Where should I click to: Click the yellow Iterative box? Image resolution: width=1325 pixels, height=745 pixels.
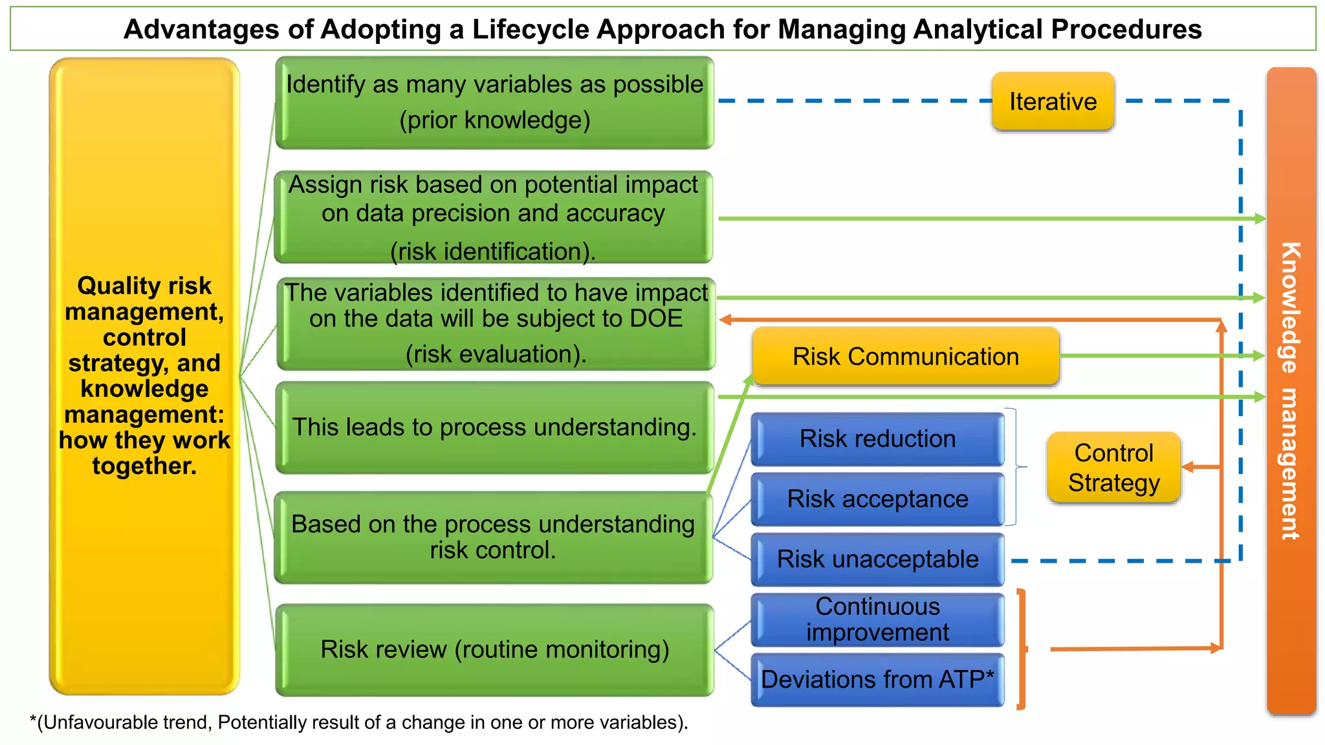(x=1053, y=102)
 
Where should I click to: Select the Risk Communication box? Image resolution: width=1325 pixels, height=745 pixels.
(x=905, y=356)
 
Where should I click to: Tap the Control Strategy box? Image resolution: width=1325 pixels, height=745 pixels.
(x=1113, y=468)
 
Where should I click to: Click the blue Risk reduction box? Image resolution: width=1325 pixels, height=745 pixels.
(x=877, y=439)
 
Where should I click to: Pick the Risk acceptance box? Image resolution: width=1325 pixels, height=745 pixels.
(x=877, y=499)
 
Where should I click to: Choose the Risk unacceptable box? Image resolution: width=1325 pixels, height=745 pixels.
(x=877, y=559)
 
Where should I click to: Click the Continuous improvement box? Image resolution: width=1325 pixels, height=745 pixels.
(x=877, y=620)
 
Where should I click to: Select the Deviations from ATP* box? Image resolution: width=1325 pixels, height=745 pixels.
(x=877, y=680)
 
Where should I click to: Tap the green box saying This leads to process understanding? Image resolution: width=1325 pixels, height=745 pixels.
(x=494, y=427)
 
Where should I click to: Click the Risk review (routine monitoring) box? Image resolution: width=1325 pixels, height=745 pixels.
(x=494, y=649)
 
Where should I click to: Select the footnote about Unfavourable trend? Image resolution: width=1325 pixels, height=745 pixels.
(x=359, y=722)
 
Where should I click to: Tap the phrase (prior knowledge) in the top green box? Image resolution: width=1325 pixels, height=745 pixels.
(x=494, y=120)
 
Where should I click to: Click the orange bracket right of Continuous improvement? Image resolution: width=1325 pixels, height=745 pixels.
(x=1022, y=649)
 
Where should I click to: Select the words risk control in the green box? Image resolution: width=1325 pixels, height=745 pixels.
(x=493, y=550)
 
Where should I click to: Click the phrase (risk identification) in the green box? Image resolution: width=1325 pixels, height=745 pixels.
(x=493, y=252)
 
